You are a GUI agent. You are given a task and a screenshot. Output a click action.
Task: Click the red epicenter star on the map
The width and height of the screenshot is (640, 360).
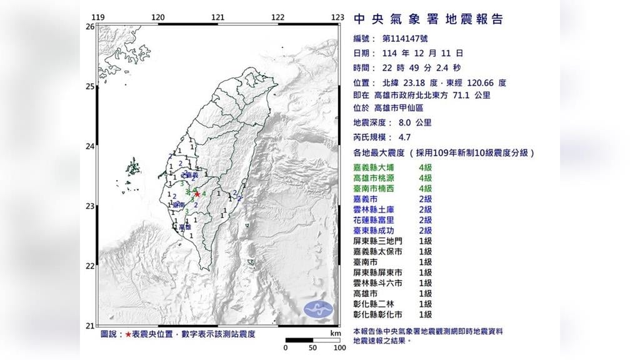pyautogui.click(x=197, y=194)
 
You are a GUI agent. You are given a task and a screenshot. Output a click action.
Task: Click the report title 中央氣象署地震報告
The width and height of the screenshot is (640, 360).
pyautogui.click(x=428, y=19)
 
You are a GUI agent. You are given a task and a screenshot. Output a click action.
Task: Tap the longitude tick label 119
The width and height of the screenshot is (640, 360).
pyautogui.click(x=97, y=17)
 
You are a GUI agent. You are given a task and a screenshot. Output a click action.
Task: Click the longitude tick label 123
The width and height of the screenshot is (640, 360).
pyautogui.click(x=338, y=17)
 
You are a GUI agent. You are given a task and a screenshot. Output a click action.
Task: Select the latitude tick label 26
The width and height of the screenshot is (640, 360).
pyautogui.click(x=89, y=27)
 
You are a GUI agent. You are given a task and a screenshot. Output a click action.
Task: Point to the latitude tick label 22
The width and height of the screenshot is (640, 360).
pyautogui.click(x=89, y=266)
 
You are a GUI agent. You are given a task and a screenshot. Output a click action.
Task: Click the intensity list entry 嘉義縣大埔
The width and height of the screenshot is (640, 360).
pyautogui.click(x=374, y=167)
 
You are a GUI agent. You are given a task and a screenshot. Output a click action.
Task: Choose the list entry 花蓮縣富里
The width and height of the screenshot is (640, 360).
pyautogui.click(x=374, y=220)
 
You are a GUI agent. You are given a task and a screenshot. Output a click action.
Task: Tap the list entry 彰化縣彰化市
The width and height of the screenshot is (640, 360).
pyautogui.click(x=377, y=315)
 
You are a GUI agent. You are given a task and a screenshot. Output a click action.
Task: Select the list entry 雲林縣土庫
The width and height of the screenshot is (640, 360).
pyautogui.click(x=374, y=209)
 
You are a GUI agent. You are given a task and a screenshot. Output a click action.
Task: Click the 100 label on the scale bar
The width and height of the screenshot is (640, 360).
pyautogui.click(x=339, y=347)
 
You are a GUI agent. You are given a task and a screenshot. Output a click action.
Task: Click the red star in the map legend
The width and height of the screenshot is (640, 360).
pyautogui.click(x=128, y=334)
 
